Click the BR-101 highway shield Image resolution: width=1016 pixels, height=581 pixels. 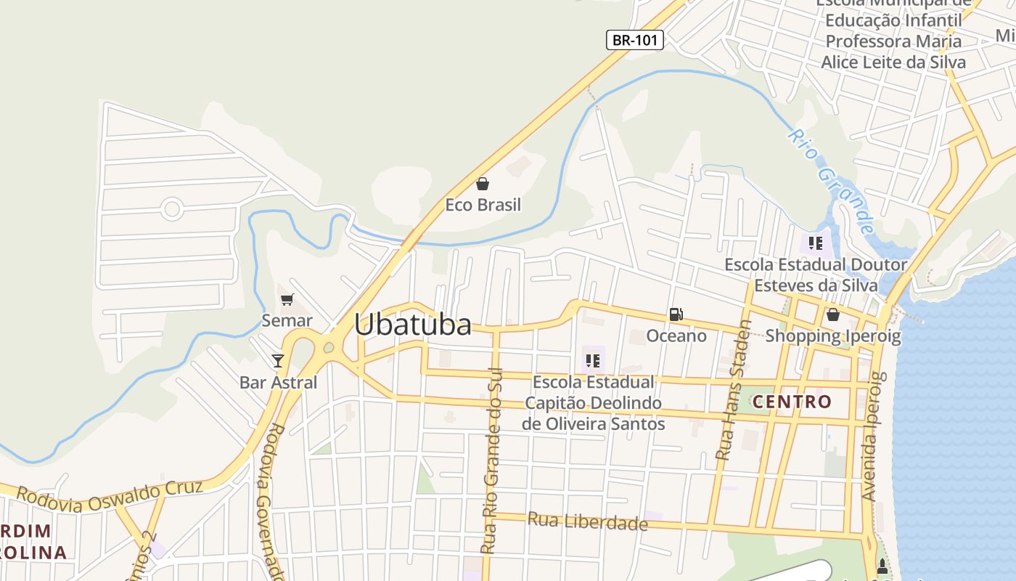pyautogui.click(x=635, y=40)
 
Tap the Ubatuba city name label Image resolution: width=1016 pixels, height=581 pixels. pyautogui.click(x=413, y=325)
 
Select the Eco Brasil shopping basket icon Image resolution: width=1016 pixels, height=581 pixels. pyautogui.click(x=483, y=184)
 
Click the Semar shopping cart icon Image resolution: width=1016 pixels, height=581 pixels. pyautogui.click(x=287, y=299)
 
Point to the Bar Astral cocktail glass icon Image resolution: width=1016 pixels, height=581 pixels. pyautogui.click(x=277, y=360)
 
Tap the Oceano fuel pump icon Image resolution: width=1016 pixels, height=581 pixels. pyautogui.click(x=676, y=314)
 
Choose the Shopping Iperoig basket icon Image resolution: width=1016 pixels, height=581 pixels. pyautogui.click(x=833, y=314)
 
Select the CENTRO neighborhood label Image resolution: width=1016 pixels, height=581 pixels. pyautogui.click(x=792, y=402)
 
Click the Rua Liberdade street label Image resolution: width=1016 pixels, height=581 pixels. pyautogui.click(x=587, y=521)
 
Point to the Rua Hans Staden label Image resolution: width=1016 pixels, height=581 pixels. pyautogui.click(x=733, y=390)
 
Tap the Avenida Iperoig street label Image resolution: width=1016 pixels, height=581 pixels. pyautogui.click(x=873, y=436)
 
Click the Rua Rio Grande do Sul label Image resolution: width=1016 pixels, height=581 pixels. pyautogui.click(x=493, y=465)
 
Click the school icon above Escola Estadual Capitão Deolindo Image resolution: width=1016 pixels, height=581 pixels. pyautogui.click(x=593, y=360)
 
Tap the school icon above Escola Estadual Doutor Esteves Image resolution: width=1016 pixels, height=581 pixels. pyautogui.click(x=815, y=243)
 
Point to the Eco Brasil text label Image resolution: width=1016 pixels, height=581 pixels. pyautogui.click(x=483, y=205)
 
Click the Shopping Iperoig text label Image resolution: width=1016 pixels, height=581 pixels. pyautogui.click(x=833, y=336)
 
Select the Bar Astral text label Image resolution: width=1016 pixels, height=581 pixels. pyautogui.click(x=279, y=382)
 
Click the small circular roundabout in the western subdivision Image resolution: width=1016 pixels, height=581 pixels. pyautogui.click(x=172, y=210)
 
